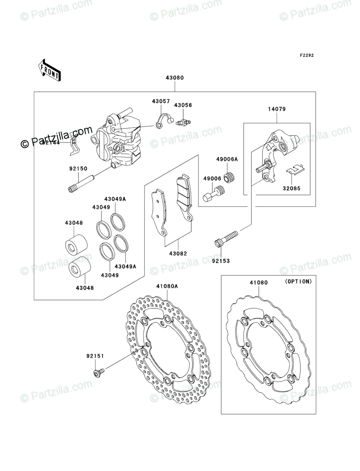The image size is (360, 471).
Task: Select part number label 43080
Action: coord(174,78)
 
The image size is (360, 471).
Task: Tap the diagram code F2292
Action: coord(306,56)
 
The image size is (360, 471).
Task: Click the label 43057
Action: coord(161,101)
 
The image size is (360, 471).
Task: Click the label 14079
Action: coord(277,109)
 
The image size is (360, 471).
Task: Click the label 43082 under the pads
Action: coord(178,254)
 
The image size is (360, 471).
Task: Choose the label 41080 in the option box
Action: coord(258,283)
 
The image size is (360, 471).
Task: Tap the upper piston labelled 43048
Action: coord(76,244)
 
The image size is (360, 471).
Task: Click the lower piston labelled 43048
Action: coord(79,267)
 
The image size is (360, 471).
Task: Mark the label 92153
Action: coord(221,261)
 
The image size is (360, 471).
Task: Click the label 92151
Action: coord(95,356)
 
